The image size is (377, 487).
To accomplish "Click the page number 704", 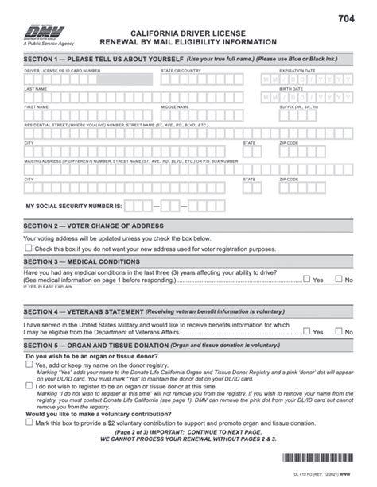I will point(347,17).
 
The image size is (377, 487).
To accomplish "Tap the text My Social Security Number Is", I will point(74,206).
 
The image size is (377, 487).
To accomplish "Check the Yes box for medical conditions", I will point(307,279).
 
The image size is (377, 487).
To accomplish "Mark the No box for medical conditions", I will point(338,279).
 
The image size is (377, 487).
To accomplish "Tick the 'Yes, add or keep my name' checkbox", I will point(29,365).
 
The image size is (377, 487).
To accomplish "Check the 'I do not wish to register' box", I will point(29,385).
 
